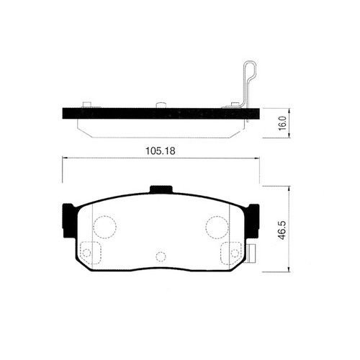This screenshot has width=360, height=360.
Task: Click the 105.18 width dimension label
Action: [x=161, y=151]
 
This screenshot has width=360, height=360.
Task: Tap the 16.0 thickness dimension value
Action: [x=282, y=123]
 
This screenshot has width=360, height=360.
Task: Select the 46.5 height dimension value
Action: [x=282, y=230]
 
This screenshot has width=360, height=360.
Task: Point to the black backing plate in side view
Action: [x=161, y=113]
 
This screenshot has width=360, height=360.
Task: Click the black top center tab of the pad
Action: [x=161, y=189]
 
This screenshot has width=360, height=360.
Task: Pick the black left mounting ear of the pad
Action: [x=70, y=220]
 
